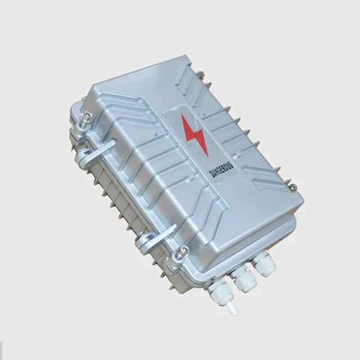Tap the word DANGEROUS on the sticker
pyautogui.click(x=222, y=170)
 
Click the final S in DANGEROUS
pyautogui.click(x=231, y=165)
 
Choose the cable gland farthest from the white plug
pyautogui.click(x=264, y=264)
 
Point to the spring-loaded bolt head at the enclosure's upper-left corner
pyautogui.click(x=88, y=115)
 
